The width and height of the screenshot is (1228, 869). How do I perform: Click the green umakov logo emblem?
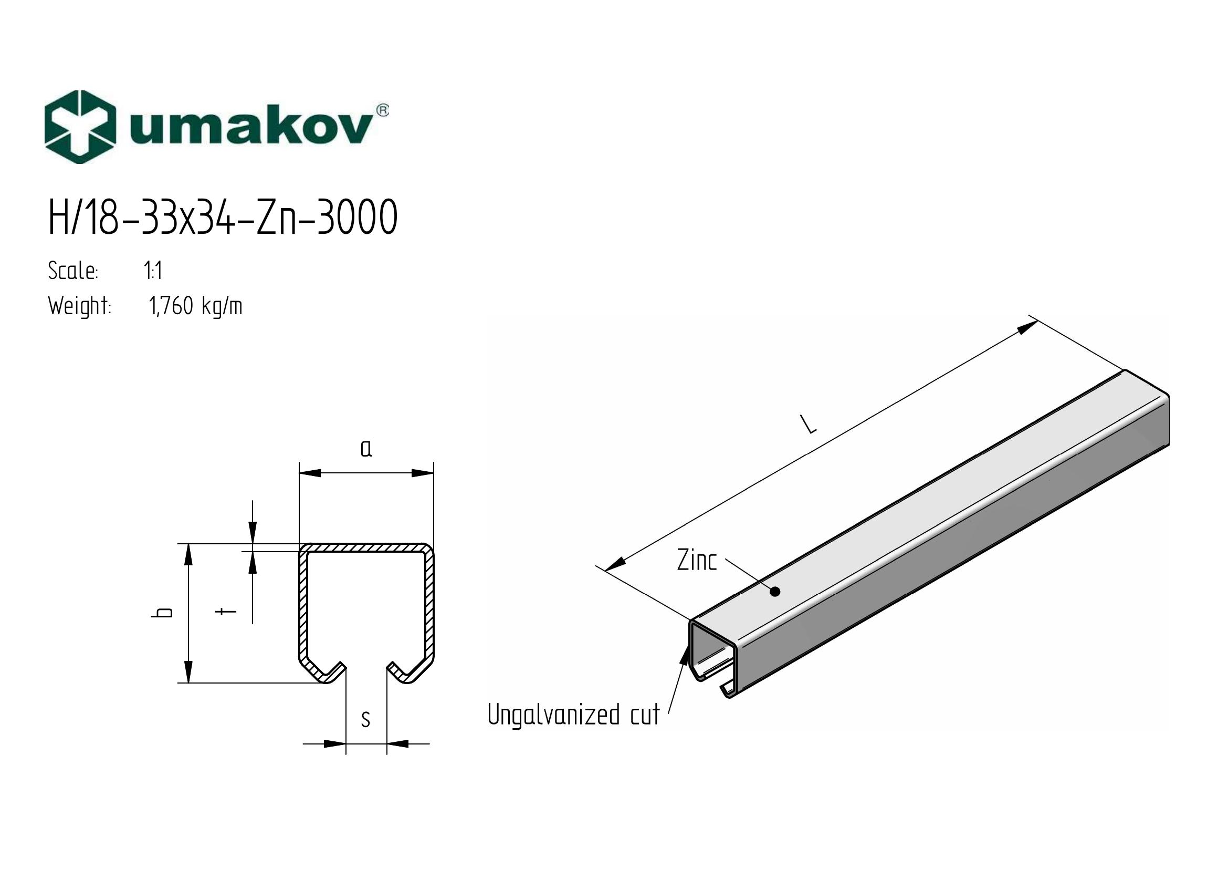80,127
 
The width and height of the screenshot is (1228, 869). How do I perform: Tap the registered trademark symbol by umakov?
383,110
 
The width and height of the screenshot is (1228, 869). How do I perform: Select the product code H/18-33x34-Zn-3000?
223,216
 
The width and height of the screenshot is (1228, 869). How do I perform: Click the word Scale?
73,271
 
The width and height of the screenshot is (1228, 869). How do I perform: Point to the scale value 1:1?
153,271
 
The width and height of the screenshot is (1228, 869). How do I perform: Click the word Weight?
80,307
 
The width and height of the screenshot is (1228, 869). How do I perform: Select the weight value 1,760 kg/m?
196,307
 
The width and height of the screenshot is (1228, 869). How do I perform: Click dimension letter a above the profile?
366,448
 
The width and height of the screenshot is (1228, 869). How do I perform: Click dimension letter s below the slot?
366,719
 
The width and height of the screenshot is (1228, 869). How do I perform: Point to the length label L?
809,424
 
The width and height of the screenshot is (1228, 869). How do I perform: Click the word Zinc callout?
697,560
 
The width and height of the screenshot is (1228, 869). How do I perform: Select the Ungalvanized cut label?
574,715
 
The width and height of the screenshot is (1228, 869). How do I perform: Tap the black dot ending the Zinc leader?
774,591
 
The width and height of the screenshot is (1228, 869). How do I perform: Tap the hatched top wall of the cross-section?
366,548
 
